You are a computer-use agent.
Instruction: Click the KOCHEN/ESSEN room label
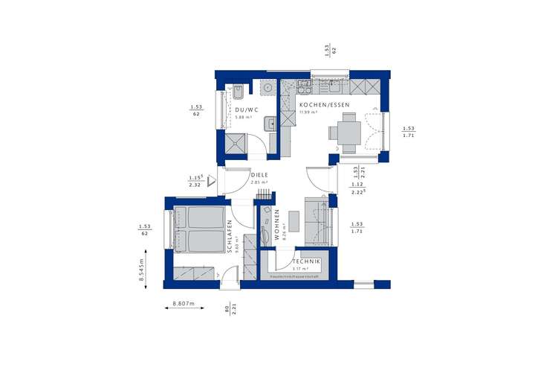(x=320, y=106)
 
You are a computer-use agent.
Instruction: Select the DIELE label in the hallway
(x=259, y=175)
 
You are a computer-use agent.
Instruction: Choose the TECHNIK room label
(x=305, y=261)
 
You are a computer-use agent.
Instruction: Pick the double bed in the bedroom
(x=198, y=229)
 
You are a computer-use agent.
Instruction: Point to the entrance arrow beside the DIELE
(x=210, y=179)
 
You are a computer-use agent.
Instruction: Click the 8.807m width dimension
(x=183, y=304)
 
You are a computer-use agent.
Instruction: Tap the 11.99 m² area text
(x=308, y=112)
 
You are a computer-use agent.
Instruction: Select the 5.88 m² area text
(x=244, y=117)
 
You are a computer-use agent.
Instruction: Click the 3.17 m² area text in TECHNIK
(x=300, y=269)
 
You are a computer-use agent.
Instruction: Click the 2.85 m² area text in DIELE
(x=259, y=182)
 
